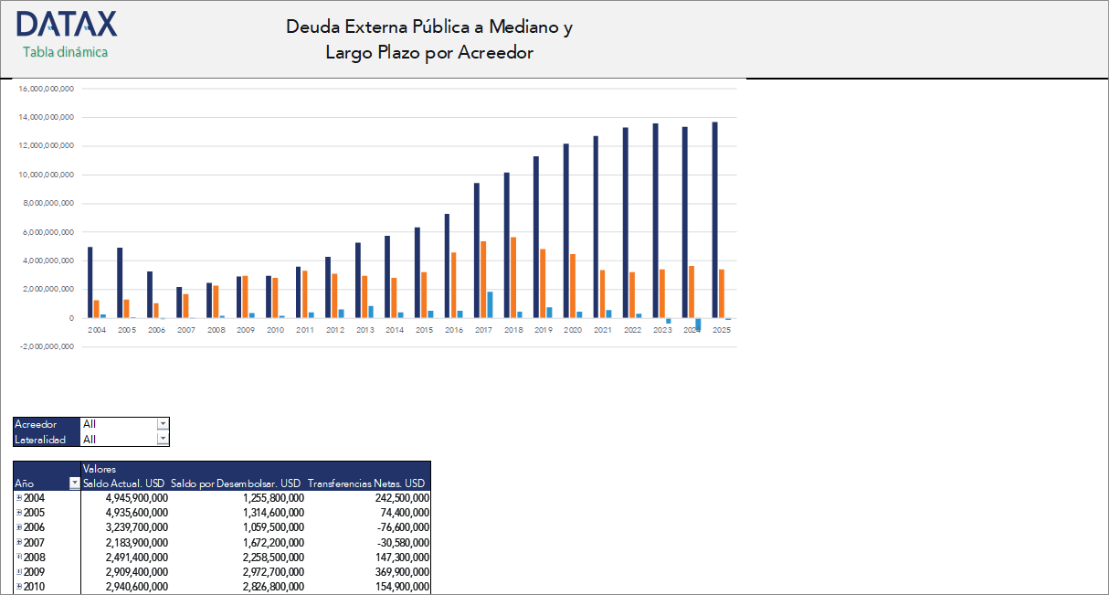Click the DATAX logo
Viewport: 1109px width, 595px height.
click(x=67, y=24)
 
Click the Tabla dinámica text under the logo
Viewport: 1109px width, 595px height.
click(x=65, y=52)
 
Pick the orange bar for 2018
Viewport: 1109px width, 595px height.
click(x=513, y=277)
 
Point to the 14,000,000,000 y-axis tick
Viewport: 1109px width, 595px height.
click(x=46, y=117)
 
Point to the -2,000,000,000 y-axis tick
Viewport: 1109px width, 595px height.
click(x=46, y=346)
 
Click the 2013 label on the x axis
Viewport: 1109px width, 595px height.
click(x=364, y=330)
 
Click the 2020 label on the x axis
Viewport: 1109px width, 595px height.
click(x=573, y=330)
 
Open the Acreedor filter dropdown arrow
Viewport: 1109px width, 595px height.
click(x=163, y=424)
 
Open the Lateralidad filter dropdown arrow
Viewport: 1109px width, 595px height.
click(x=163, y=439)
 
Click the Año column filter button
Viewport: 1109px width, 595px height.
click(x=74, y=483)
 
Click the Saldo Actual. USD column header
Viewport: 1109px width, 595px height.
click(x=123, y=483)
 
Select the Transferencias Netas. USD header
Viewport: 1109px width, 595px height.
click(x=366, y=483)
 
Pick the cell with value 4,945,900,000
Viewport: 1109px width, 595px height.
click(x=136, y=498)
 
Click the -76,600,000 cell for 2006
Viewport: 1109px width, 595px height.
click(x=402, y=527)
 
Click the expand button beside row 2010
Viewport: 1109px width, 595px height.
click(x=19, y=586)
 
